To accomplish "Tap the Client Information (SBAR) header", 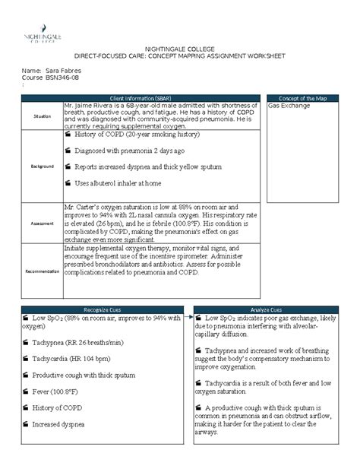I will tap(141, 99).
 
